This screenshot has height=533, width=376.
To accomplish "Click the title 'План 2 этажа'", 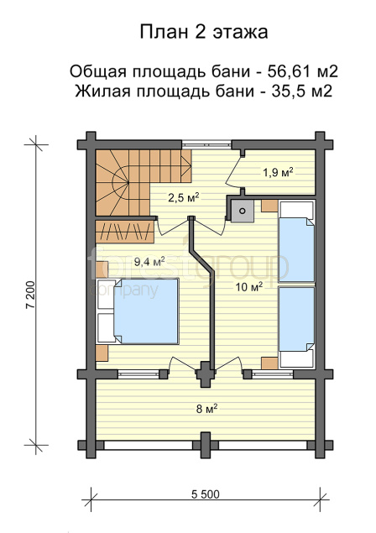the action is (204, 32).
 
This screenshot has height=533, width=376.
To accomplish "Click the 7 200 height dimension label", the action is (30, 295).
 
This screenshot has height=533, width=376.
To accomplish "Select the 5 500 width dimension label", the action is (206, 494).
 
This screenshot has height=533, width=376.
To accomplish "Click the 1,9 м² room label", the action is (278, 172).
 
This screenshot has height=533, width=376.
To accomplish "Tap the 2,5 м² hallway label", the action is (184, 197).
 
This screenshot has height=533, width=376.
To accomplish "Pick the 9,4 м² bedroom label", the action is (149, 261).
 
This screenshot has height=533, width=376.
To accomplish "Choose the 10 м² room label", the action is (250, 287).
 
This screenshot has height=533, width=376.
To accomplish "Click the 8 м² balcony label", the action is (206, 409).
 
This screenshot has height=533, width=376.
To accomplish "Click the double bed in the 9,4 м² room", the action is (138, 311).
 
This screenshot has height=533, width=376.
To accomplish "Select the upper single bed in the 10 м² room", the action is (296, 242).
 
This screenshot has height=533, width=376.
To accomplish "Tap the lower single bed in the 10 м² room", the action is (296, 327).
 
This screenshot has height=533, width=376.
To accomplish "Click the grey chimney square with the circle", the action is (242, 211).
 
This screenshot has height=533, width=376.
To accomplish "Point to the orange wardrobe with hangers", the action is (125, 232).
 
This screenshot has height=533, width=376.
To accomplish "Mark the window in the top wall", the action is (206, 144).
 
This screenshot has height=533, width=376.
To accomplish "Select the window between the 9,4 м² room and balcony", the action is (138, 374).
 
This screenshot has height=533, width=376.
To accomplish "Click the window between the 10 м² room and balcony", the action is (273, 374).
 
